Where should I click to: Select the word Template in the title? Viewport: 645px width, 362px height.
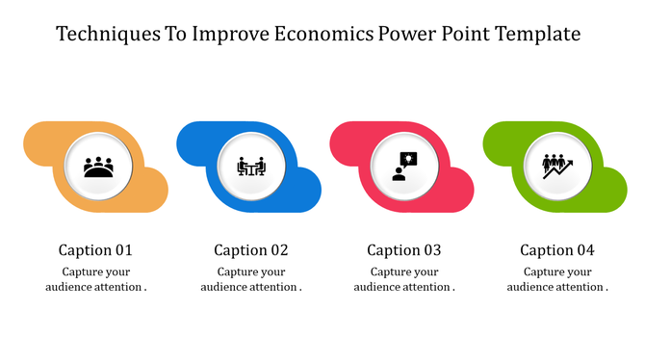pyautogui.click(x=536, y=36)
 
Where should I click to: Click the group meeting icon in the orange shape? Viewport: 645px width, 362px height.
pyautogui.click(x=98, y=167)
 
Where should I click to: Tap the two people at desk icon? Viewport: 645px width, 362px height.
pyautogui.click(x=251, y=167)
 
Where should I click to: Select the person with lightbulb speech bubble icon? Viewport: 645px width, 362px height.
pyautogui.click(x=404, y=167)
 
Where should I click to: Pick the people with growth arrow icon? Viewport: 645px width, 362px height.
pyautogui.click(x=557, y=167)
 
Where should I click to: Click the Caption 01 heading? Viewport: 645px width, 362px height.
pyautogui.click(x=96, y=250)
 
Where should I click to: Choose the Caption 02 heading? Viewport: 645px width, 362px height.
pyautogui.click(x=251, y=250)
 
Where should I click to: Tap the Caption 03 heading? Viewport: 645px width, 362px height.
pyautogui.click(x=404, y=250)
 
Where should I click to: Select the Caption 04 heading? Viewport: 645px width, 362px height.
pyautogui.click(x=557, y=250)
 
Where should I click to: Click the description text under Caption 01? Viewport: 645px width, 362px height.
pyautogui.click(x=96, y=279)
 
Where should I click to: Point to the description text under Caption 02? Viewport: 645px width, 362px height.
pyautogui.click(x=251, y=279)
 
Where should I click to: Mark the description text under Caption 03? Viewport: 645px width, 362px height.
pyautogui.click(x=404, y=279)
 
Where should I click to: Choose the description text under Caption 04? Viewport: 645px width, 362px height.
pyautogui.click(x=557, y=279)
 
